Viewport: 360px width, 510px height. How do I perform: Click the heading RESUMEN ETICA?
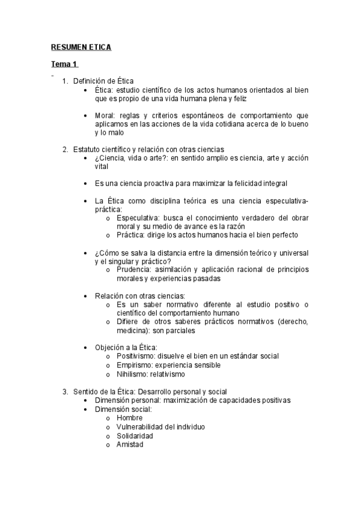click(81, 46)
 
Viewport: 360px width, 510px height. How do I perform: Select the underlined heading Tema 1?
click(64, 64)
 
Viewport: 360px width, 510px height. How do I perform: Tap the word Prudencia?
click(136, 269)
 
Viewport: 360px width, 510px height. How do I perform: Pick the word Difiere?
click(128, 321)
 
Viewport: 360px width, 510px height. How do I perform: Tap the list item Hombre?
click(130, 418)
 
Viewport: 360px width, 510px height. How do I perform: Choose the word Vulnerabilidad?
click(141, 426)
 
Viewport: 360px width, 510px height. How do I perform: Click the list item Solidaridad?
click(135, 435)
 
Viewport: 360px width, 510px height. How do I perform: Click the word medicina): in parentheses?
click(134, 330)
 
